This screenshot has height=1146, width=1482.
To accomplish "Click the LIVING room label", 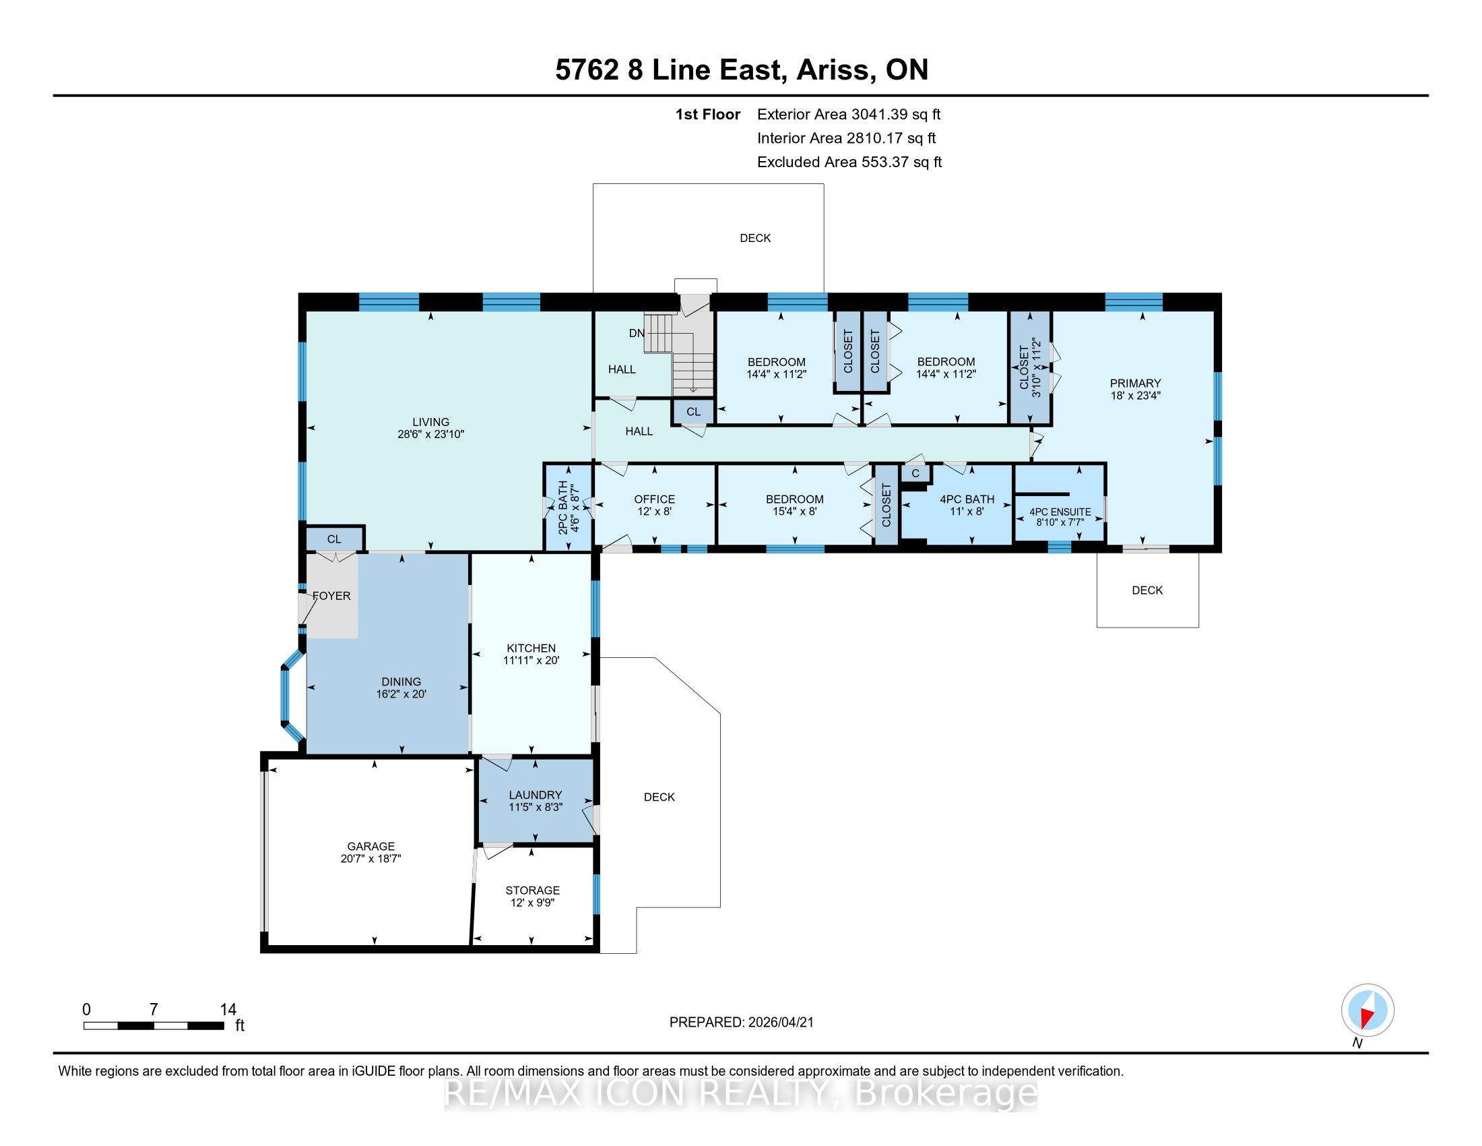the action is [x=431, y=421].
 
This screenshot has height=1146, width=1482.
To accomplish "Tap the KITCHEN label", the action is [x=531, y=648].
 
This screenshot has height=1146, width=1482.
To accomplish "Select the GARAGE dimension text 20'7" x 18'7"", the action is [x=371, y=858].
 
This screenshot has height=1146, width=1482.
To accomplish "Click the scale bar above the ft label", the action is [x=154, y=1025].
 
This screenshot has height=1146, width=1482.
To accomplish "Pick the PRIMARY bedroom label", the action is [x=1135, y=383].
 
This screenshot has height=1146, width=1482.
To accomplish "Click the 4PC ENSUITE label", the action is [x=1060, y=512].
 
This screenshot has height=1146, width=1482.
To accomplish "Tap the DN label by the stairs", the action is [x=637, y=332].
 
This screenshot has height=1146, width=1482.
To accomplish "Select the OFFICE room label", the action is [x=655, y=499].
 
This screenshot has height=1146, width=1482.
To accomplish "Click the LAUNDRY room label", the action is [x=536, y=794].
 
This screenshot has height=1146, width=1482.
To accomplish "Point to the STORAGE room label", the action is [x=533, y=889].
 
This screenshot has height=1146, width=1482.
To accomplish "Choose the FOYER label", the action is [x=331, y=595].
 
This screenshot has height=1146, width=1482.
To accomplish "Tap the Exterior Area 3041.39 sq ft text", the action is [x=849, y=114].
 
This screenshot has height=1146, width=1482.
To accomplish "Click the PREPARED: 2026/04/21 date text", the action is [x=741, y=1022].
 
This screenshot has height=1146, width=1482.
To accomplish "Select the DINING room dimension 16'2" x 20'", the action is [x=401, y=694].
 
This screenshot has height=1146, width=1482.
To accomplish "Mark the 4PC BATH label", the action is [x=967, y=499].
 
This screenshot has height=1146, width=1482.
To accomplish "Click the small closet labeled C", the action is [x=915, y=473].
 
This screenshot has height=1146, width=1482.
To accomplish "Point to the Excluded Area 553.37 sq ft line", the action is [x=849, y=162].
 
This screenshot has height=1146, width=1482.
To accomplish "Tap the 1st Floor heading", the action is [x=707, y=114].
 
